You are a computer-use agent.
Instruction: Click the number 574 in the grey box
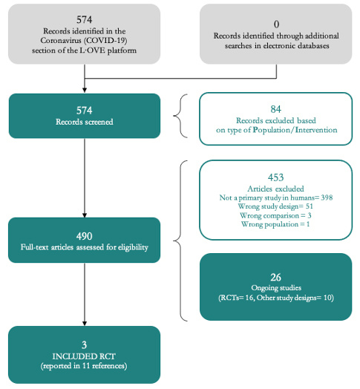[85, 19]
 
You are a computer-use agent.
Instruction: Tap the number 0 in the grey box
[276, 24]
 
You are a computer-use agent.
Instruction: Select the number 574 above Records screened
[85, 111]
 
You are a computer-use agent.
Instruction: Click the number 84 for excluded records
[276, 109]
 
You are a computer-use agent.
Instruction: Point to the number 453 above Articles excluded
[276, 177]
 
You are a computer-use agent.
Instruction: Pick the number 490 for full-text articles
[85, 236]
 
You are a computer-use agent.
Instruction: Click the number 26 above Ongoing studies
[276, 278]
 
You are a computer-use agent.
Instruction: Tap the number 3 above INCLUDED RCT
[85, 345]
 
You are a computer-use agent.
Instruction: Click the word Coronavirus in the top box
[61, 40]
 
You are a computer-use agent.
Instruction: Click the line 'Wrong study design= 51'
[275, 206]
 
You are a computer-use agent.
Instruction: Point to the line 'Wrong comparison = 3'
[275, 215]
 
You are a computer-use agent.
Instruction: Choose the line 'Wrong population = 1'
[275, 224]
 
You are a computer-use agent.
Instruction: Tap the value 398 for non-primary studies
[327, 197]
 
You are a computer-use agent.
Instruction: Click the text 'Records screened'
[85, 122]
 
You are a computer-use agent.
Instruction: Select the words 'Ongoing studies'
[276, 288]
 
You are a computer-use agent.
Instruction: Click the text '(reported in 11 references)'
[84, 366]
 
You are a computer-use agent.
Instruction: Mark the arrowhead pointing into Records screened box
[85, 90]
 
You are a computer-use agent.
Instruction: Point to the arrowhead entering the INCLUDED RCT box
[85, 323]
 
